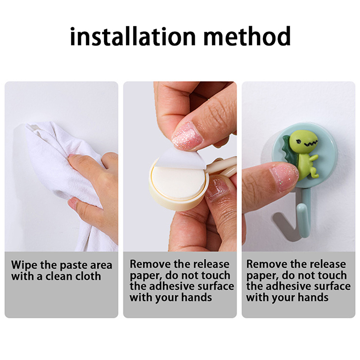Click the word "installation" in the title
click(x=133, y=36)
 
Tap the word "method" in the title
click(x=247, y=36)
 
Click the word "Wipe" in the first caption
click(x=24, y=265)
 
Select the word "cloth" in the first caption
click(x=88, y=276)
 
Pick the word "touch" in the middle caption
click(x=216, y=275)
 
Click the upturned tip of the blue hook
click(x=302, y=208)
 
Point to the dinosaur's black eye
click(x=299, y=142)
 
